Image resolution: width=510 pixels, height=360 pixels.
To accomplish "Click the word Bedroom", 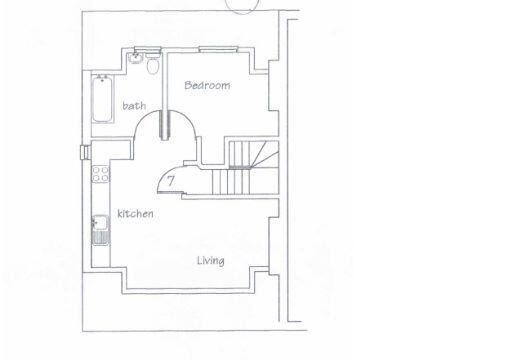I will point(207,86).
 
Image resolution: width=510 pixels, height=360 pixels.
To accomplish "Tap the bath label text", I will point(134,105).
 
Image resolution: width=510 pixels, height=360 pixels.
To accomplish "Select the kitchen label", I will point(135,214).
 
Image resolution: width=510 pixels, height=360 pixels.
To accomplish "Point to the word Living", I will point(210,261).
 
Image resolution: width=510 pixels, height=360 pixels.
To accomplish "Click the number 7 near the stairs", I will point(171,180).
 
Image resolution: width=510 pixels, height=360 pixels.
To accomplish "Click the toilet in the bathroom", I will point(152,67).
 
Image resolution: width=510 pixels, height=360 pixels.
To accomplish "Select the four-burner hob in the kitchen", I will point(100,174).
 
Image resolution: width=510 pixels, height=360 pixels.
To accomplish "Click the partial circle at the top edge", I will point(241,6).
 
